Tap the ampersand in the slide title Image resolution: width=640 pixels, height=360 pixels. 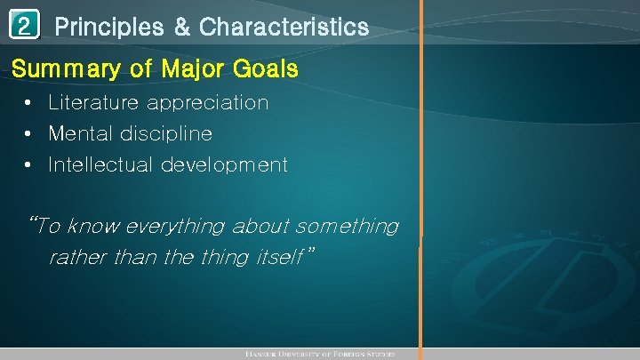pos(181,28)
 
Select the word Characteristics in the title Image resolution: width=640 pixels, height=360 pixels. pos(284,28)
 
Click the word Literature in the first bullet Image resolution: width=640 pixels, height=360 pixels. pos(94,102)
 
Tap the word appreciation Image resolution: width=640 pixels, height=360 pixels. pos(208,103)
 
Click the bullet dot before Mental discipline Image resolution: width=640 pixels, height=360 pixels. pos(30,134)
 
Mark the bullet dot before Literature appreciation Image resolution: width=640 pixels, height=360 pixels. pos(30,103)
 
